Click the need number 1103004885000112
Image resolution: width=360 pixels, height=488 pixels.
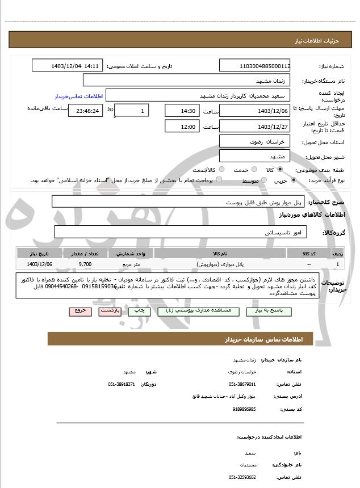[255, 66]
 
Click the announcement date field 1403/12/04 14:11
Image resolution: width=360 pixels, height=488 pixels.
[67, 66]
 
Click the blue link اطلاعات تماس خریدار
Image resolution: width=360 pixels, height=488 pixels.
[77, 96]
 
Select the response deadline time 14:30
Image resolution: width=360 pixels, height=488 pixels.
[181, 111]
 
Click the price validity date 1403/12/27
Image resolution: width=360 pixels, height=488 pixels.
[255, 126]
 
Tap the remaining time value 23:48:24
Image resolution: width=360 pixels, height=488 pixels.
[85, 111]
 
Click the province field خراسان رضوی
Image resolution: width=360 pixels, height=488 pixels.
[255, 141]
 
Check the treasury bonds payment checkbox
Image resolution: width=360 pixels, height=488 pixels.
[219, 180]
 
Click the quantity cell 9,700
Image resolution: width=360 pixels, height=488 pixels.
[85, 264]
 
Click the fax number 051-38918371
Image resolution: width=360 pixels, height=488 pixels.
[121, 384]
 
